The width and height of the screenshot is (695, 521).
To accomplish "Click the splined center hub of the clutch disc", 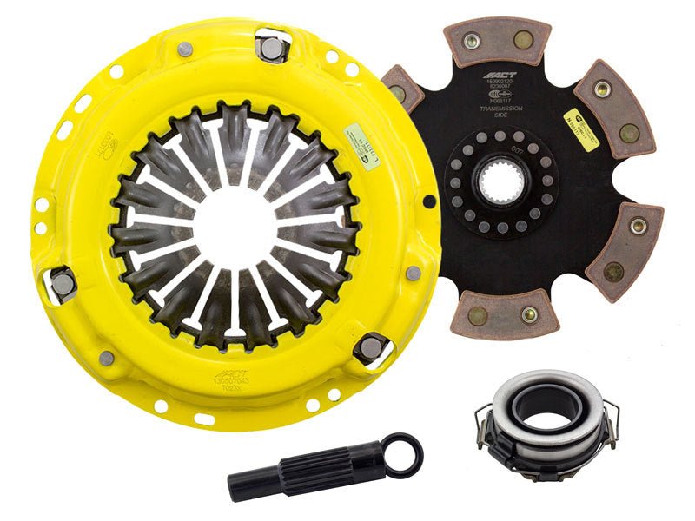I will (505, 184).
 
